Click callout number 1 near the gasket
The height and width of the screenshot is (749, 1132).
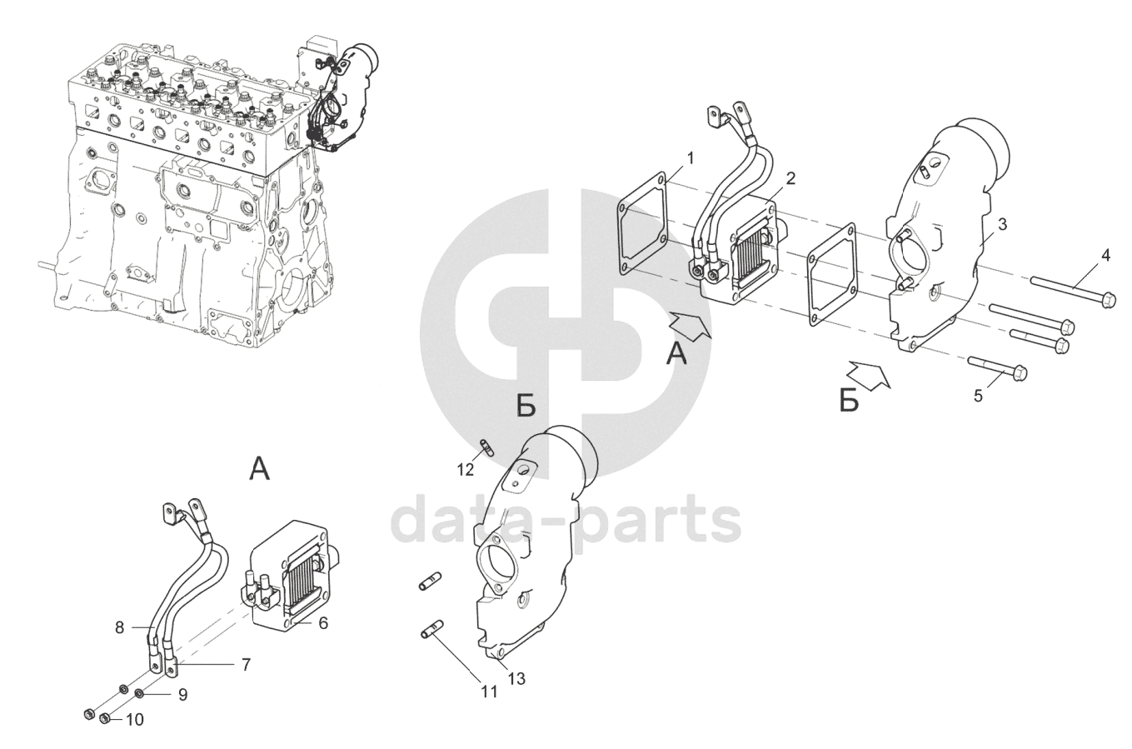(x=691, y=157)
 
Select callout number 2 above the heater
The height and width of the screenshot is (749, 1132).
(x=790, y=177)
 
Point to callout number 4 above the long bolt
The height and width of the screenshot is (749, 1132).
(x=1105, y=256)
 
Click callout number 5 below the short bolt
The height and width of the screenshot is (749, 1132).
(x=978, y=395)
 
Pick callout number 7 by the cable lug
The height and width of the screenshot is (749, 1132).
(x=246, y=665)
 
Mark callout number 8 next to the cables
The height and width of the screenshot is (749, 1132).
(x=119, y=627)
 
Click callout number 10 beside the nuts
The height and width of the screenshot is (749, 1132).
(x=134, y=719)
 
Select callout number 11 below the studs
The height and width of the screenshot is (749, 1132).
(x=489, y=691)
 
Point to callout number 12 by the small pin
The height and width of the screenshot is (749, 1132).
(x=465, y=469)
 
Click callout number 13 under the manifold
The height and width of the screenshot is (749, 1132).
(x=516, y=679)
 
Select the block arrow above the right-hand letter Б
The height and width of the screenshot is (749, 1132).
(x=870, y=375)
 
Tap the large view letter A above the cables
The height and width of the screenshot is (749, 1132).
(x=260, y=470)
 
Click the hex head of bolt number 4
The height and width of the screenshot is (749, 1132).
(x=1107, y=298)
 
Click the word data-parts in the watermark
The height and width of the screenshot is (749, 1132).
(x=566, y=519)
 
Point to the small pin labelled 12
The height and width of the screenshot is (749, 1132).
(x=487, y=447)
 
